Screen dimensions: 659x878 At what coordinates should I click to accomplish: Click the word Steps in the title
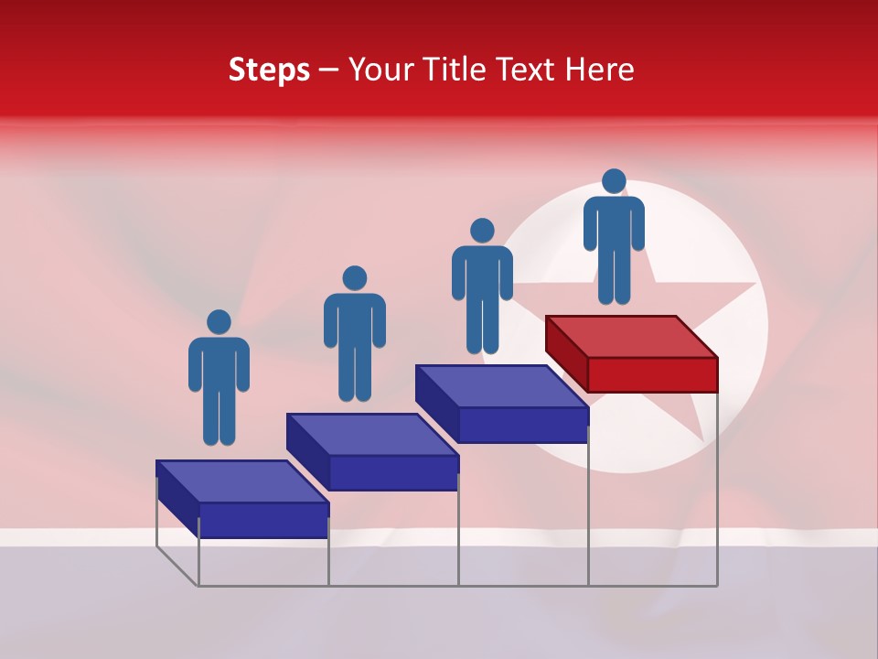(x=269, y=70)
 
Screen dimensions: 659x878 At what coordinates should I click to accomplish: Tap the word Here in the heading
(x=598, y=70)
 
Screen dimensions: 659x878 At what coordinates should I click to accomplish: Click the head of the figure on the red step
(x=614, y=181)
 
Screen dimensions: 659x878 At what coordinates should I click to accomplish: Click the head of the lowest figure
(x=219, y=322)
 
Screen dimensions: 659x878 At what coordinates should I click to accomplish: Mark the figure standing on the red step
(x=614, y=238)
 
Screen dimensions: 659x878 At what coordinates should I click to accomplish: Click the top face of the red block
(x=631, y=336)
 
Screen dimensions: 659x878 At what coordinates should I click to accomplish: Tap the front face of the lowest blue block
(x=263, y=520)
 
